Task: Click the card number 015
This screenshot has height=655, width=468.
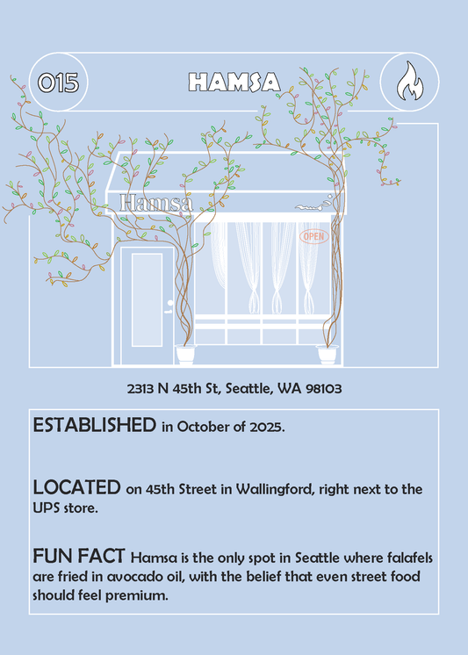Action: [58, 83]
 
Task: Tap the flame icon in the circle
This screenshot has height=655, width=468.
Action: [409, 82]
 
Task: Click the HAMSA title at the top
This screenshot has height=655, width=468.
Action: [234, 82]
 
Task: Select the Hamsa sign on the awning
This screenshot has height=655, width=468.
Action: [156, 203]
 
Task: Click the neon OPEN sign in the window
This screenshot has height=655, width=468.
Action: [313, 236]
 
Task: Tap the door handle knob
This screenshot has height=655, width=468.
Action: [170, 302]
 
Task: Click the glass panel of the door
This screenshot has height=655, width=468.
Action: [148, 299]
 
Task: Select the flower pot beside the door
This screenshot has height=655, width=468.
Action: [185, 354]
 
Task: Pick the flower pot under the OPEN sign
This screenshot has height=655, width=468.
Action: [328, 354]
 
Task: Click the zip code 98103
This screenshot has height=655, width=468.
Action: [324, 389]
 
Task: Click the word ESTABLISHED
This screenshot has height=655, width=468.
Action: [95, 425]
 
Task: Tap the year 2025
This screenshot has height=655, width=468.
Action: [267, 427]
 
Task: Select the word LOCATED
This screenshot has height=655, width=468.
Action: [76, 487]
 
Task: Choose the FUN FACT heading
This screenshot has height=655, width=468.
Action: [78, 556]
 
